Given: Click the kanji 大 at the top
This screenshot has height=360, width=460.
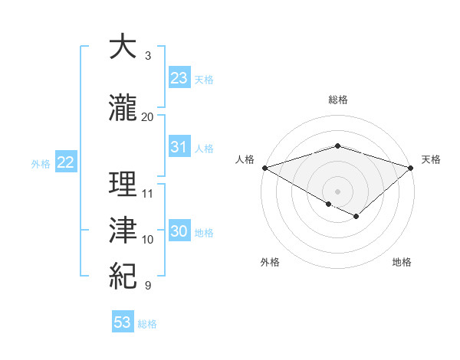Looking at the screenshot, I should tap(123, 47).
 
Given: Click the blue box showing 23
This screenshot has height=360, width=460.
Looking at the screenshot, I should tap(179, 78).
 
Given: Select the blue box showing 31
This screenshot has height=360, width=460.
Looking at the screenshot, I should tap(179, 147).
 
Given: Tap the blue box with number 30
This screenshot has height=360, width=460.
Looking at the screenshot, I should tap(179, 231).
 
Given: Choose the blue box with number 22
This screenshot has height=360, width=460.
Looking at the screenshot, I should tap(66, 162).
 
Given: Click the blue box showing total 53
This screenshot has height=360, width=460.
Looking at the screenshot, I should tap(123, 322).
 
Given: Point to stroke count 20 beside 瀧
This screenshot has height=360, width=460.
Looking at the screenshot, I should tap(148, 116).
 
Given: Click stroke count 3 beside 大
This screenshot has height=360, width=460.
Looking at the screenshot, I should tap(148, 56).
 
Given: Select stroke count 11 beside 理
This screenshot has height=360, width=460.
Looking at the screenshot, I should tap(148, 193).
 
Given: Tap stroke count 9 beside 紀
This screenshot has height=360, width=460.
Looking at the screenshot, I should tap(148, 286).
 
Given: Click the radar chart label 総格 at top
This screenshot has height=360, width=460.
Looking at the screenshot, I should tap(338, 100).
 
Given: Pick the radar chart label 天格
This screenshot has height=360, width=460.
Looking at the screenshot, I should tap(431, 159).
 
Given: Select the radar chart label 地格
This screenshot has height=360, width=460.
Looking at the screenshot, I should tap(402, 262).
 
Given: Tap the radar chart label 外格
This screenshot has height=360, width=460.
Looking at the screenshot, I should tap(270, 262).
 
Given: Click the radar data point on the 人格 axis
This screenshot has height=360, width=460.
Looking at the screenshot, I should tap(264, 167).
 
